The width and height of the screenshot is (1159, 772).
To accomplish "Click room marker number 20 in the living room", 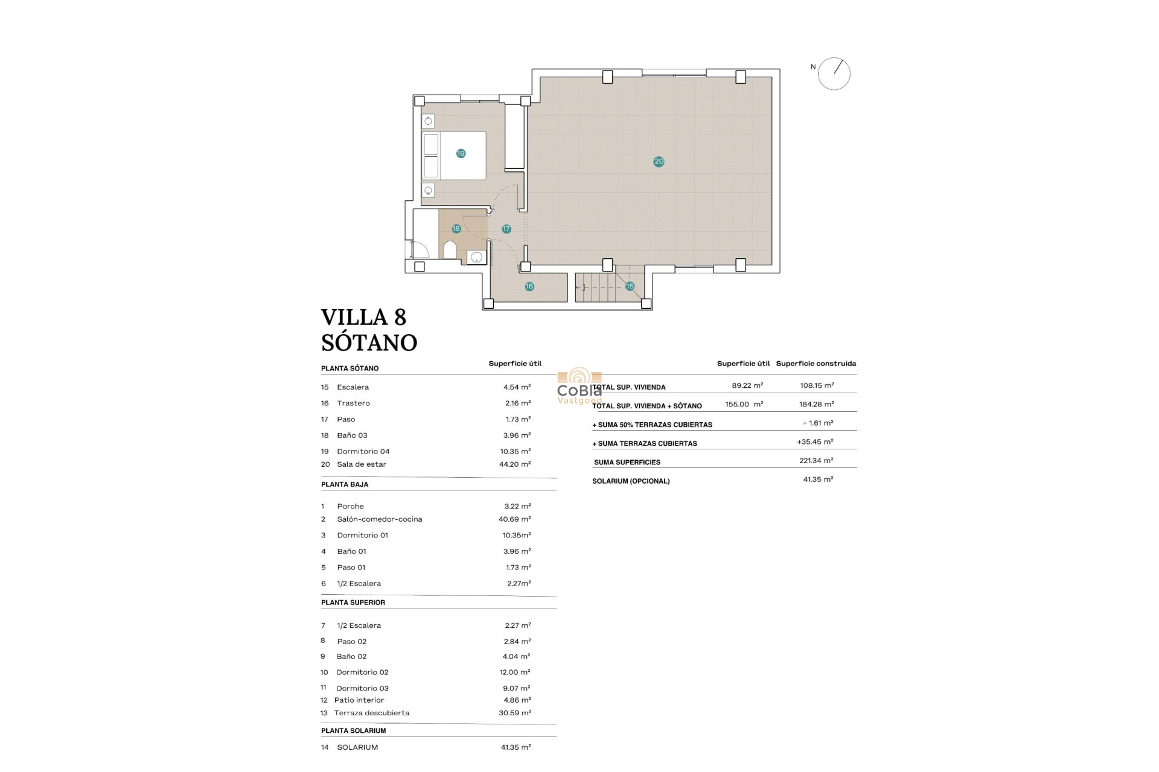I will point(659,161).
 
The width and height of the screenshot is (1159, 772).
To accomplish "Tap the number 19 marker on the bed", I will point(461,153).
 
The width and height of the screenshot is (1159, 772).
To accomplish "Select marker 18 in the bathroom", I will point(456,229).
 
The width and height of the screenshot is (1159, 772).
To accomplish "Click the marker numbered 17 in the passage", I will point(506,229).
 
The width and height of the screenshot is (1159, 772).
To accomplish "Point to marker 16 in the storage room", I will point(529,286).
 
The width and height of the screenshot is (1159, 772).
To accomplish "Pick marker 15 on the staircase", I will point(630,286).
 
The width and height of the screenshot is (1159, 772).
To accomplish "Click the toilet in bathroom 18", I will point(450,250).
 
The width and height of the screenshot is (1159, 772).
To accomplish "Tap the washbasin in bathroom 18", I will point(476,258).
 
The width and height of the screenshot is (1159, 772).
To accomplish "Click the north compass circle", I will point(834,74).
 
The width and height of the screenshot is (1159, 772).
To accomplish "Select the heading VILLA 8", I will point(363,317).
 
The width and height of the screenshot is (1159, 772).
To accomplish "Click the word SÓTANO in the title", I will point(369,343).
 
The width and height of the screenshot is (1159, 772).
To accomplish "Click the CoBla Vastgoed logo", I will point(579,387).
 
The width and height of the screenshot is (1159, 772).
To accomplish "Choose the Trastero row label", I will point(353,403).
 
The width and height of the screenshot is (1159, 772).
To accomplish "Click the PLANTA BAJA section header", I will point(345,484).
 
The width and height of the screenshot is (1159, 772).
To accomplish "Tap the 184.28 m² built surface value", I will point(816,404).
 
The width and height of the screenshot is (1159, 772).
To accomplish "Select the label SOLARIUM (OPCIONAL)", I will point(631,481).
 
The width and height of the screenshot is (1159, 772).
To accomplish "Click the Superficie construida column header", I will point(816,364).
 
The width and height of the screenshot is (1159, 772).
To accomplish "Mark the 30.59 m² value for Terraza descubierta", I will point(514,713).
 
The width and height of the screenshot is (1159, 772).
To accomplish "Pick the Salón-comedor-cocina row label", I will point(379,519).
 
